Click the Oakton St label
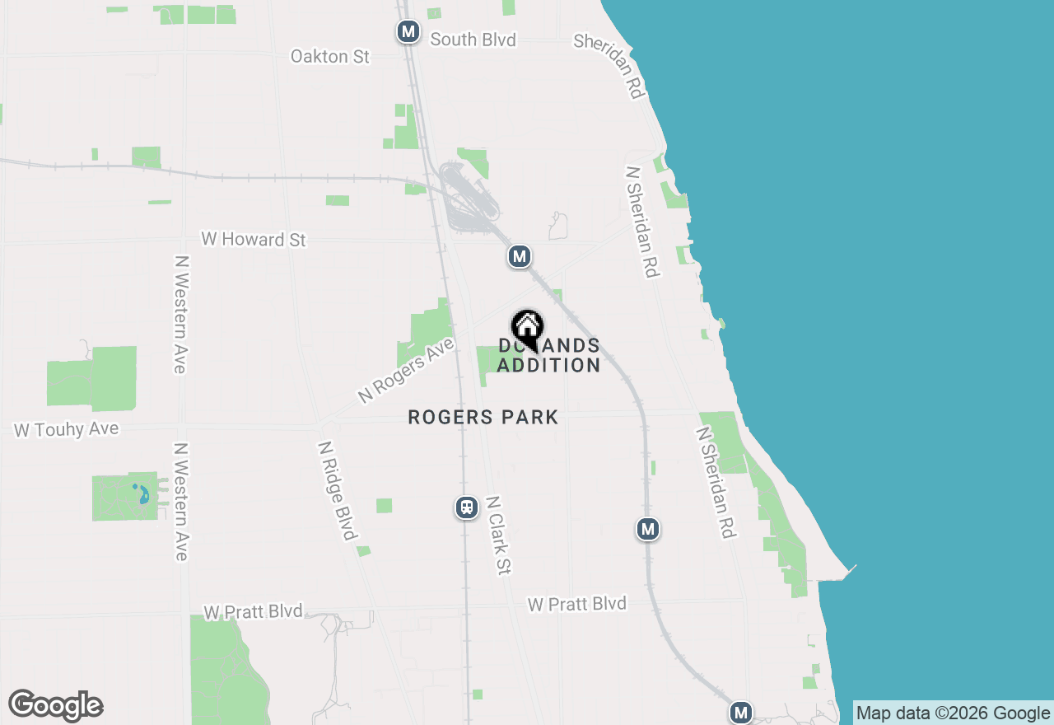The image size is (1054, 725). [330, 56]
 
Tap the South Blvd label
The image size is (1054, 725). [473, 40]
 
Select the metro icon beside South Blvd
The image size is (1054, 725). [408, 32]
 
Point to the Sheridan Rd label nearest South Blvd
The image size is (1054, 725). [609, 65]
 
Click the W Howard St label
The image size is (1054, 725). [254, 239]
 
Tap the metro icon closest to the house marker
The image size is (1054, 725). [519, 257]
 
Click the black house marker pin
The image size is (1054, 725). [527, 329]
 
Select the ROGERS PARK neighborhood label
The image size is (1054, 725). [483, 418]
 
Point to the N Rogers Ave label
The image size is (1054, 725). [406, 370]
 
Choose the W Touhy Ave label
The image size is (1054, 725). [66, 430]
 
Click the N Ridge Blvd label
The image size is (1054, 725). [337, 490]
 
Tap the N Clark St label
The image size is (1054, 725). [499, 535]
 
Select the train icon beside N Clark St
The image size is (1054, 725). [467, 507]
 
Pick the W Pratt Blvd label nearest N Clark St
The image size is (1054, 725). [576, 604]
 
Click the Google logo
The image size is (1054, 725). [55, 705]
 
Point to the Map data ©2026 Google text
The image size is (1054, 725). [953, 713]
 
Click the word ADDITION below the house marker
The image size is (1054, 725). [548, 365]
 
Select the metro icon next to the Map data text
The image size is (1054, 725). [741, 713]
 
